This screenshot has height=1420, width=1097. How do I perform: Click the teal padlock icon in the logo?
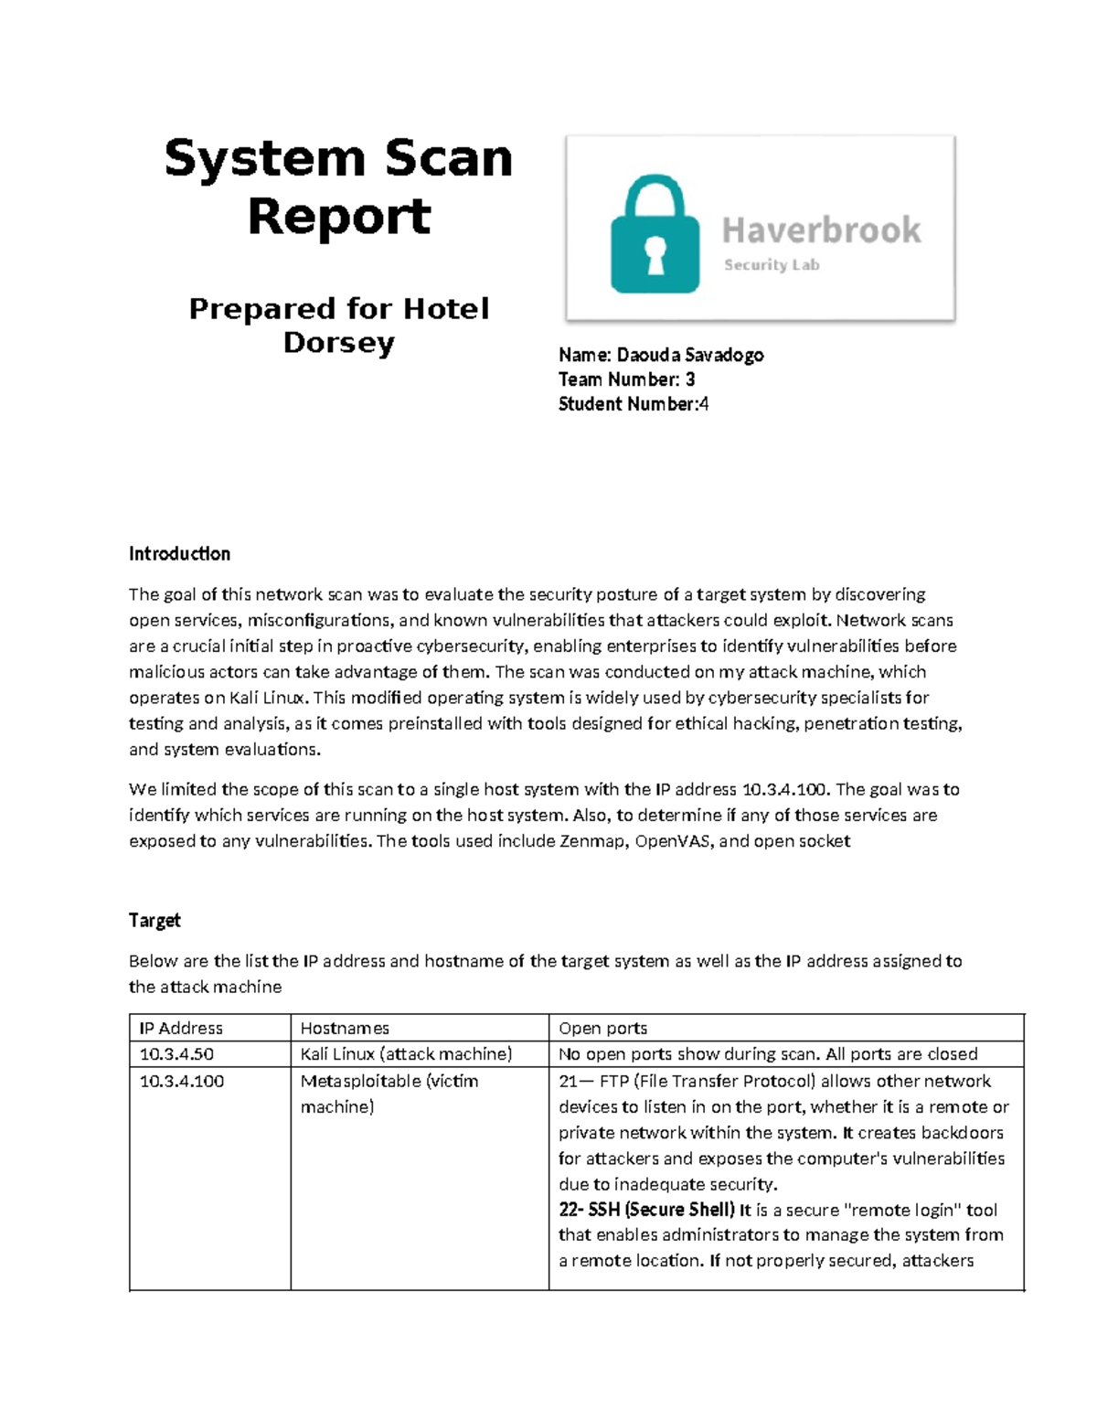[655, 236]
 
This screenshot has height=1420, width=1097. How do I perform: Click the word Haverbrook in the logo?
[821, 230]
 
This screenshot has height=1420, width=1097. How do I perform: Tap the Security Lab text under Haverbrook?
[772, 265]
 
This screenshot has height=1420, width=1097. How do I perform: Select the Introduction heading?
[179, 553]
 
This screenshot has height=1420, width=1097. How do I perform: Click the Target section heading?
[154, 920]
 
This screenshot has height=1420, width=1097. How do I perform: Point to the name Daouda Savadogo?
[690, 355]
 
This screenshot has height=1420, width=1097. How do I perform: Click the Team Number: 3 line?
[626, 379]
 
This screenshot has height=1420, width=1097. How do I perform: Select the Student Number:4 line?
[633, 404]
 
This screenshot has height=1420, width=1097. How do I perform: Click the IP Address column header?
[181, 1028]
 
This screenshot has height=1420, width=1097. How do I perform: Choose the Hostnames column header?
[345, 1028]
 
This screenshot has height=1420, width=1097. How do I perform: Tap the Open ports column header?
[602, 1028]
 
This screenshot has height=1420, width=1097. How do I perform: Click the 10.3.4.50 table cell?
[176, 1054]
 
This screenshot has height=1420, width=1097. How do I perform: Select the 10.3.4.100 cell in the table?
[180, 1081]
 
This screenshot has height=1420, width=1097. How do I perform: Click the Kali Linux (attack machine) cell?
[406, 1054]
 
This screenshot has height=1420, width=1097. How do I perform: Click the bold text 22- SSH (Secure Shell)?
[646, 1210]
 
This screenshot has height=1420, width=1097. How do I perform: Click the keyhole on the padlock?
[655, 254]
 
